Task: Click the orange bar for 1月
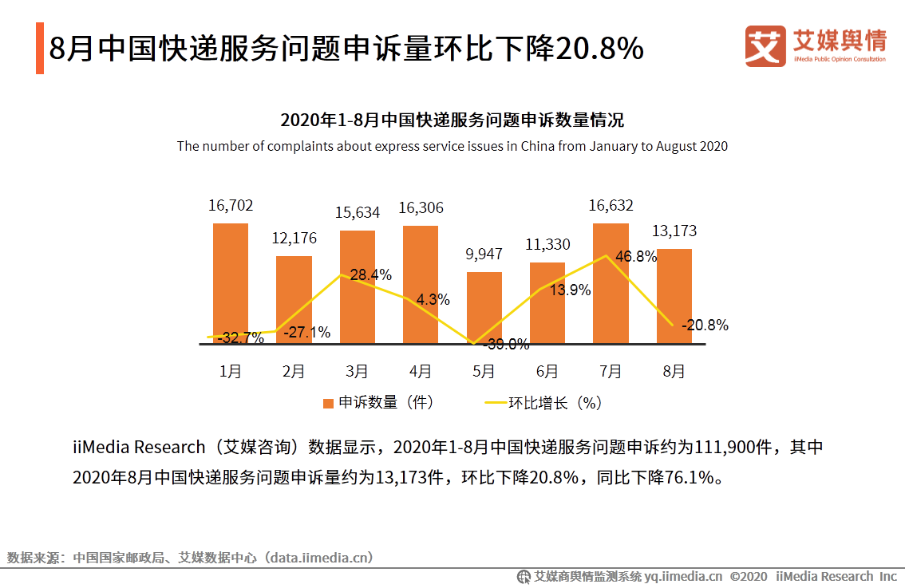[231, 283]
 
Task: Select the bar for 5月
[484, 307]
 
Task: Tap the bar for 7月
[611, 283]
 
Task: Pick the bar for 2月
[294, 299]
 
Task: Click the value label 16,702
[231, 206]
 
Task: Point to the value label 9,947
[484, 255]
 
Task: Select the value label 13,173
[674, 231]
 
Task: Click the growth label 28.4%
[371, 275]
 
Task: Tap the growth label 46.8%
[636, 256]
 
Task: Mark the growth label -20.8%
[705, 326]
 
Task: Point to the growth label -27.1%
[307, 333]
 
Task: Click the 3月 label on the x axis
[357, 372]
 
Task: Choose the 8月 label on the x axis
[674, 372]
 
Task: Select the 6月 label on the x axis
[547, 372]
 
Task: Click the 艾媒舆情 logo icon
[765, 46]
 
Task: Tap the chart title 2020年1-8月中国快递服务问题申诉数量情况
[452, 120]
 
